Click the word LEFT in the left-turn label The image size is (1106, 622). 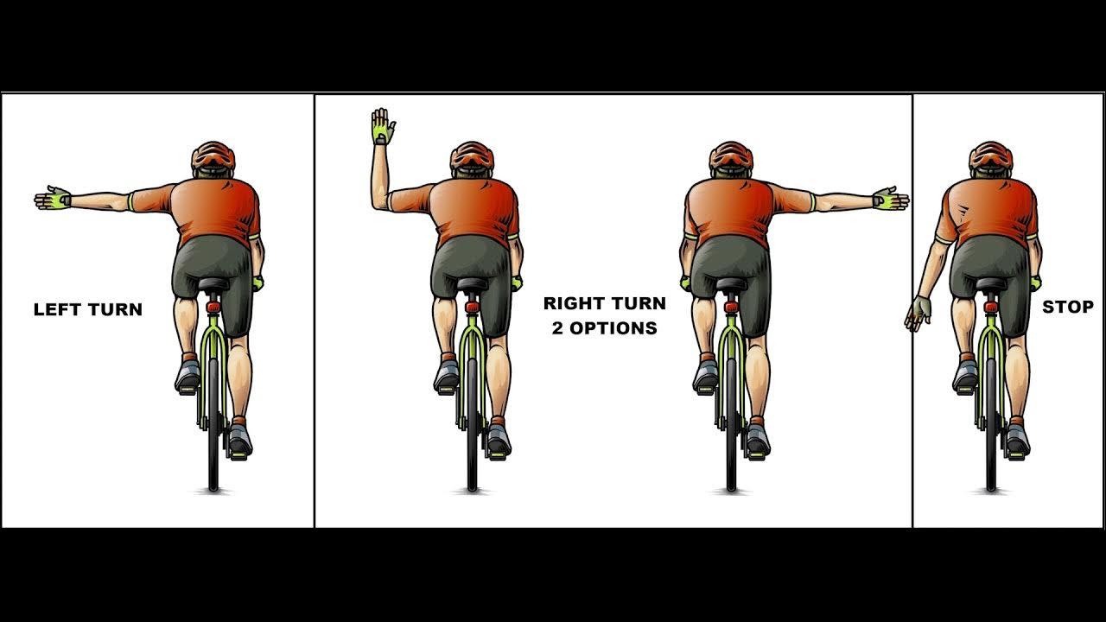pos(57,309)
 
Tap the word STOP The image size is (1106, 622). pos(1067,307)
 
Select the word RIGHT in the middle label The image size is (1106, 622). pos(572,303)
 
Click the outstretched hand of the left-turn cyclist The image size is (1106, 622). pos(53,199)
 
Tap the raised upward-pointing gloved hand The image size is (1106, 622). pos(383,126)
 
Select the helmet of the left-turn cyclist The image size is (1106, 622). pos(213,156)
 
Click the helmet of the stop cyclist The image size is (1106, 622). pos(990,156)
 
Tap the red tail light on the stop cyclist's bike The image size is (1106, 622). pos(991,307)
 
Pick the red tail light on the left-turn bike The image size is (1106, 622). pos(213,307)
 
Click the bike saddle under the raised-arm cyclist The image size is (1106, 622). pos(473,284)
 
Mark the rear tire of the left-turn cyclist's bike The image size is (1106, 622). pos(213,424)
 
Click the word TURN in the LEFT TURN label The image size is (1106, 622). pos(115,309)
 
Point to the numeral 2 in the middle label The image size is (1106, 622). pos(557,328)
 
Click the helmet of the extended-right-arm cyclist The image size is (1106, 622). pos(731,156)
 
